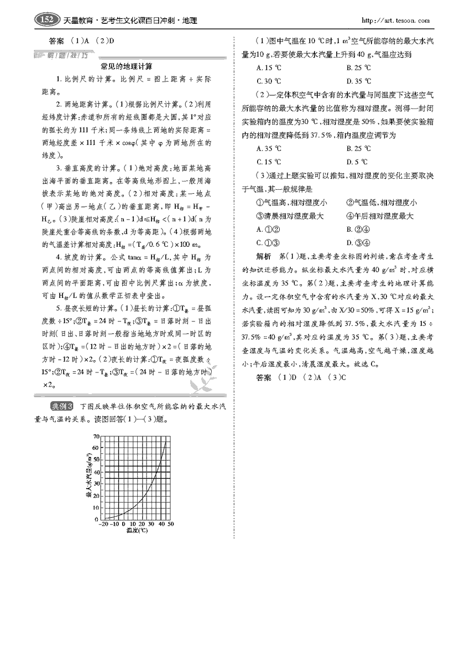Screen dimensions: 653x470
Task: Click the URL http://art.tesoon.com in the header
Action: pyautogui.click(x=395, y=21)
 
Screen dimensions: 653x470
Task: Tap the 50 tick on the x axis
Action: pyautogui.click(x=171, y=524)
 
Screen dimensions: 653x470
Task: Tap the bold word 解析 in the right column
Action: pyautogui.click(x=264, y=256)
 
